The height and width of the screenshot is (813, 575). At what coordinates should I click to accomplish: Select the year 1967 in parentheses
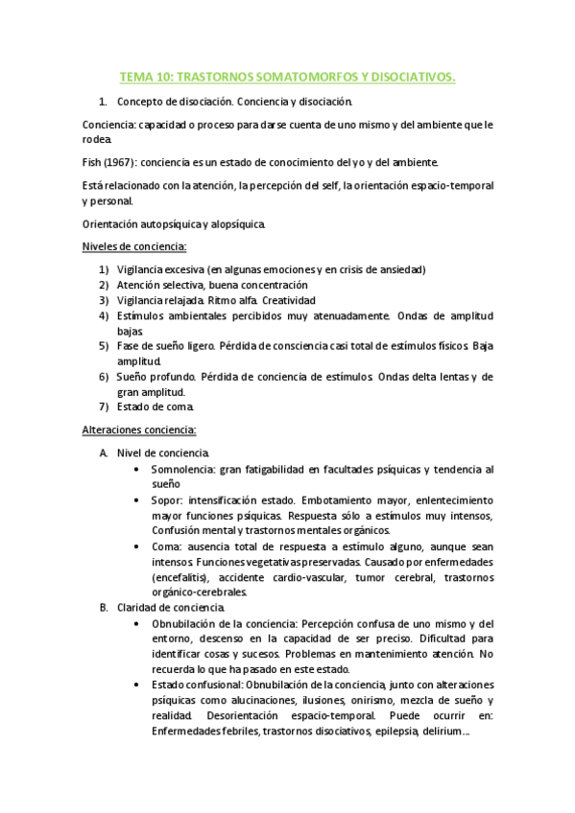pyautogui.click(x=125, y=162)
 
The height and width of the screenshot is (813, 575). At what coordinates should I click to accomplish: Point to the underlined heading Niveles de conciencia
pyautogui.click(x=134, y=247)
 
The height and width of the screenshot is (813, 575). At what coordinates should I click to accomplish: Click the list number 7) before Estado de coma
pyautogui.click(x=104, y=407)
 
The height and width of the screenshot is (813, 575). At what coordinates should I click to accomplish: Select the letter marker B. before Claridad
pyautogui.click(x=104, y=608)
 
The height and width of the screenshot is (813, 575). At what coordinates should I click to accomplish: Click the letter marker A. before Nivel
pyautogui.click(x=104, y=453)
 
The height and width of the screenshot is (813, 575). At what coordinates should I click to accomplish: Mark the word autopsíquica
pyautogui.click(x=174, y=224)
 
